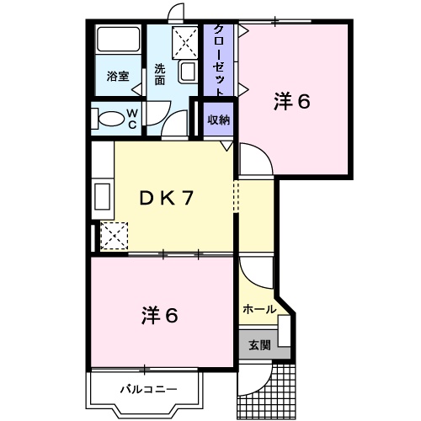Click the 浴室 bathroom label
pyautogui.click(x=118, y=77)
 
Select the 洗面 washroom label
pyautogui.click(x=159, y=75)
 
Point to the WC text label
pyautogui.click(x=132, y=118)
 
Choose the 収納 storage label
pyautogui.click(x=219, y=120)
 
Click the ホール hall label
pyautogui.click(x=258, y=309)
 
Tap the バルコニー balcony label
pyautogui.click(x=147, y=391)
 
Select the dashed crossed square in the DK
pyautogui.click(x=114, y=234)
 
